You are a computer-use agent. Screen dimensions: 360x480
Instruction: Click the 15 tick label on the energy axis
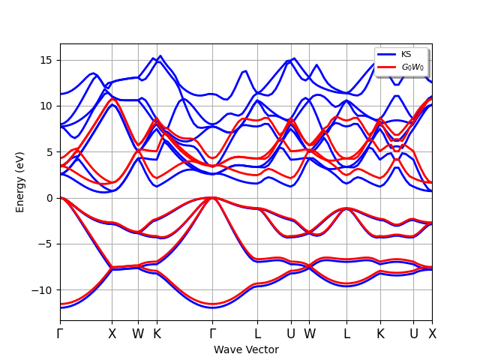[x=49, y=60]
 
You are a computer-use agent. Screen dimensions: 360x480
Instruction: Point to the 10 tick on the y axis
[x=49, y=106]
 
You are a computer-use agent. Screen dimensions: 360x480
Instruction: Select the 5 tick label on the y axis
[x=52, y=152]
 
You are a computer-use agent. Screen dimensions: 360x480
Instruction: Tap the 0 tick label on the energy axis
[x=52, y=198]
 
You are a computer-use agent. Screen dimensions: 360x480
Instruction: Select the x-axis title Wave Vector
[x=246, y=349]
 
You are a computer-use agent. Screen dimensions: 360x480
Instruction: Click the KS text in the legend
[x=406, y=54]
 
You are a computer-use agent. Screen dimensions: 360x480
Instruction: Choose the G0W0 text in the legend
[x=412, y=67]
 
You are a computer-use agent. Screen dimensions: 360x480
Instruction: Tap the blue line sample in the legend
[x=386, y=54]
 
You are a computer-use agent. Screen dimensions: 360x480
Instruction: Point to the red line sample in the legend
[x=386, y=67]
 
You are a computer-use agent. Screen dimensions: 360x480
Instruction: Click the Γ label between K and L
[x=213, y=334]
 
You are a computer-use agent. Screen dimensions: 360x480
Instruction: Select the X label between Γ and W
[x=112, y=334]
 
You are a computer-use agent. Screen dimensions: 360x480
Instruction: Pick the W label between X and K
[x=138, y=334]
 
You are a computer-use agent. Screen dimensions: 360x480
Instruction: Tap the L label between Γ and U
[x=257, y=334]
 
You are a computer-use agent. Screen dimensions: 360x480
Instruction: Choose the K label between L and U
[x=380, y=334]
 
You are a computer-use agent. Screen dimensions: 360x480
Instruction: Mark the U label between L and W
[x=291, y=334]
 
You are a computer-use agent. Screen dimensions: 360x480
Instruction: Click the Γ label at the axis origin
[x=60, y=334]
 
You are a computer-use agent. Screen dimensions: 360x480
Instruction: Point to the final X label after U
[x=432, y=334]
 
